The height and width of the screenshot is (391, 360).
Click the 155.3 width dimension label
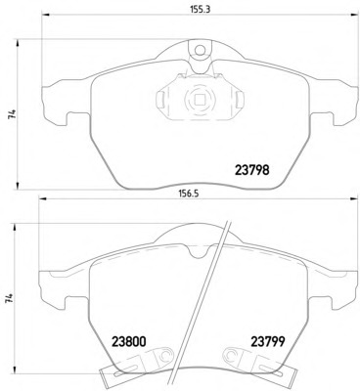point(201,10)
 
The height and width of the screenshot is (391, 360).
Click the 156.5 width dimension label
point(188,194)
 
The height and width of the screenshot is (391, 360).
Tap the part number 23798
point(252,170)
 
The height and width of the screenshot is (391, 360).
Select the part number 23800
point(129,342)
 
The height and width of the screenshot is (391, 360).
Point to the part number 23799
point(268,342)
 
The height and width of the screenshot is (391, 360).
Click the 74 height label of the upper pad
point(13,114)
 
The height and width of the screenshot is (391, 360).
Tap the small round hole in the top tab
point(201,50)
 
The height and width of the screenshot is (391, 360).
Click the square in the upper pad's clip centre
point(199,98)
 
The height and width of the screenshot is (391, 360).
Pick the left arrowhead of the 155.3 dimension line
point(45,15)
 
